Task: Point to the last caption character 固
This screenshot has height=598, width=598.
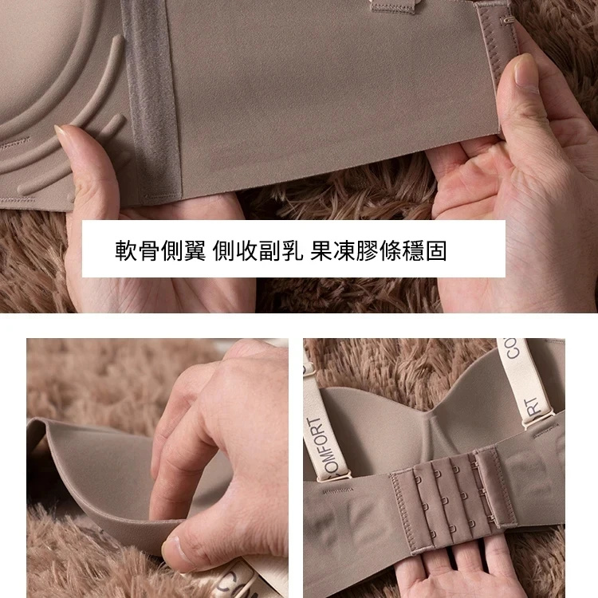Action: point(435,250)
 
